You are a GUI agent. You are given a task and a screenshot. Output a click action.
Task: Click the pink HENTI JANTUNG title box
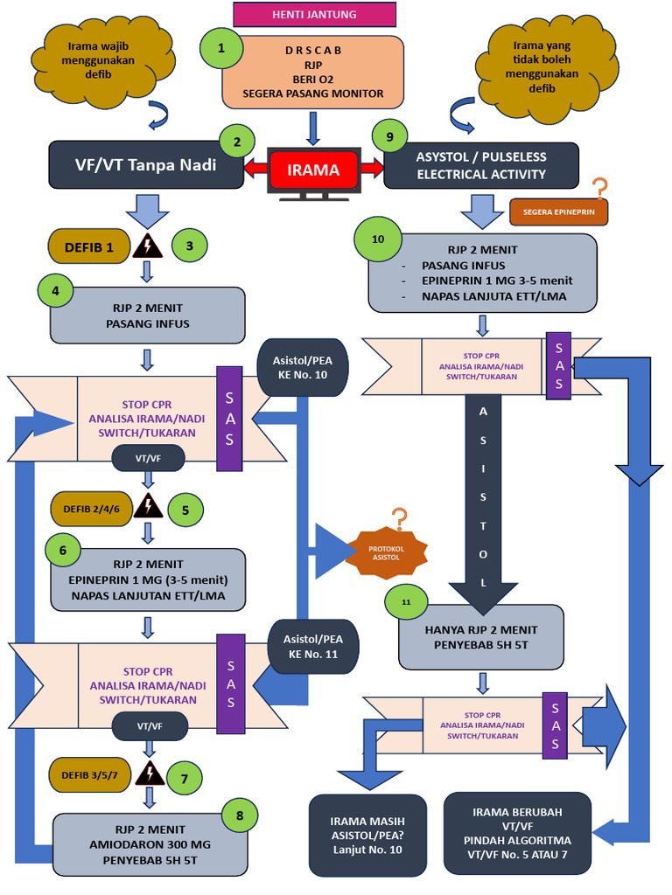pos(314,14)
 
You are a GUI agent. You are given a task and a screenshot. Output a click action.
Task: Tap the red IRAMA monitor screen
pos(313,170)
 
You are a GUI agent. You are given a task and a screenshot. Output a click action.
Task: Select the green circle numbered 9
pos(389,136)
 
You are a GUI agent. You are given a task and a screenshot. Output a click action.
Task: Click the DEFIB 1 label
pos(89,247)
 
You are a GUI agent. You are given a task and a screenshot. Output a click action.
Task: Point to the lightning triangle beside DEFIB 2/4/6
pos(148,506)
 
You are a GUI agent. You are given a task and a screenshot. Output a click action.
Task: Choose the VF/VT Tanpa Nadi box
pos(146,165)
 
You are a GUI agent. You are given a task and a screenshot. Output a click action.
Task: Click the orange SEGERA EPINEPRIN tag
pos(558,212)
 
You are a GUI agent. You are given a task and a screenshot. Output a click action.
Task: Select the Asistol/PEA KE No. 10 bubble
pos(302,368)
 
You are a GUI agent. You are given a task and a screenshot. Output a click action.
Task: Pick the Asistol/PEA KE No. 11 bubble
pos(313,647)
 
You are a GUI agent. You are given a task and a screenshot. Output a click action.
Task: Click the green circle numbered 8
pos(240,815)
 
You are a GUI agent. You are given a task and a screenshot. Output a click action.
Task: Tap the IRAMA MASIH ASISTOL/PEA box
pos(367,835)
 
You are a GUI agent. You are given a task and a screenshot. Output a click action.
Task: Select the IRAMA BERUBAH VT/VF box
pos(517,833)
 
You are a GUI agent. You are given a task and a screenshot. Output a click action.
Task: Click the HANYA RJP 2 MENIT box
pos(481,637)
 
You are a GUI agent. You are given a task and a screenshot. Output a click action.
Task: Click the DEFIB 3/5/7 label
pos(90,775)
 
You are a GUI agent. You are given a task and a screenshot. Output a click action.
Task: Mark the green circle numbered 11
pos(406,602)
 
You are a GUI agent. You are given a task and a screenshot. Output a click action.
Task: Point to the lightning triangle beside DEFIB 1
pos(147,246)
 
